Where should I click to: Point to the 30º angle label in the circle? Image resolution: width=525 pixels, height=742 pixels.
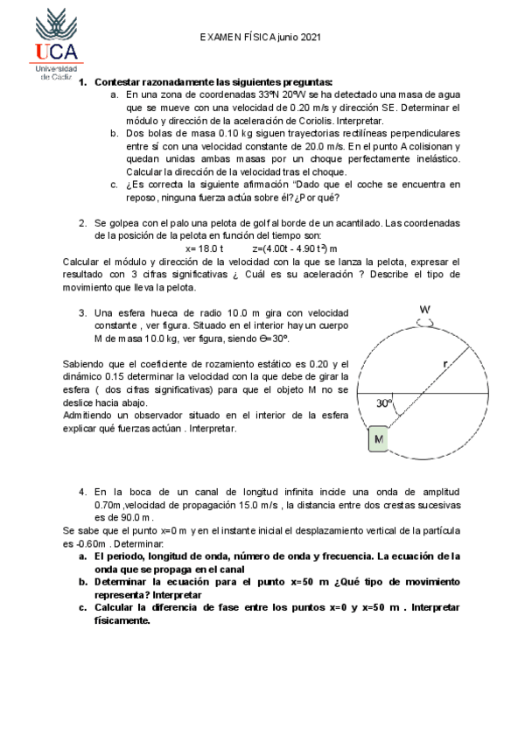coord(384,403)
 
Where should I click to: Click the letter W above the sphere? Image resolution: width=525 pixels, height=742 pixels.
coord(424,310)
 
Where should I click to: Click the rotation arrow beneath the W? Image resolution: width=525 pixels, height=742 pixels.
coord(424,322)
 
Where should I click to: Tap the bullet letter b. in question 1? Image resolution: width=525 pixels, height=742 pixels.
coord(115,133)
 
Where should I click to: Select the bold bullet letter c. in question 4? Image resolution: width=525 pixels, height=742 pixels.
coord(82,606)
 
